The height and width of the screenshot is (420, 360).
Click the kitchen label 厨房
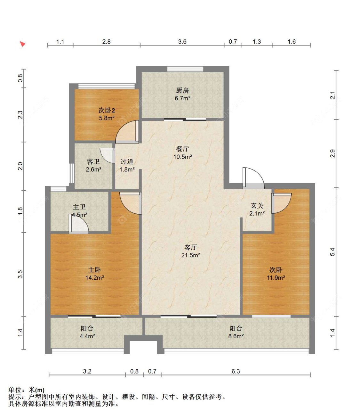click(182, 90)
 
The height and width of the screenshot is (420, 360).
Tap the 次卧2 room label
click(107, 110)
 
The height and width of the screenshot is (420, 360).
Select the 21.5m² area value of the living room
click(190, 255)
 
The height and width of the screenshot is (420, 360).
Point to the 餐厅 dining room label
click(182, 149)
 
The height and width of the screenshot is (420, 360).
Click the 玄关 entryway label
click(257, 206)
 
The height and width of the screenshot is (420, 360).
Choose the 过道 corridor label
click(127, 161)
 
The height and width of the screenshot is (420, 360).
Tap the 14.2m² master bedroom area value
click(95, 277)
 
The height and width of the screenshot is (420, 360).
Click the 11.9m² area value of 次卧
click(276, 277)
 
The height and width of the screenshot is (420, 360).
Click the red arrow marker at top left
click(23, 44)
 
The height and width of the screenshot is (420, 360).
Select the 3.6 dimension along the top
click(182, 42)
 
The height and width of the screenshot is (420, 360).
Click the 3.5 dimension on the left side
click(20, 274)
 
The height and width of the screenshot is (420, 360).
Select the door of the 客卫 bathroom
click(108, 155)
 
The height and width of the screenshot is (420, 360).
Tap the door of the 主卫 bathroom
click(78, 224)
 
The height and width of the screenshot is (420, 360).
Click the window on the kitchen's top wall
click(185, 69)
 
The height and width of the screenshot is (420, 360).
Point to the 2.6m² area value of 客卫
click(93, 169)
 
